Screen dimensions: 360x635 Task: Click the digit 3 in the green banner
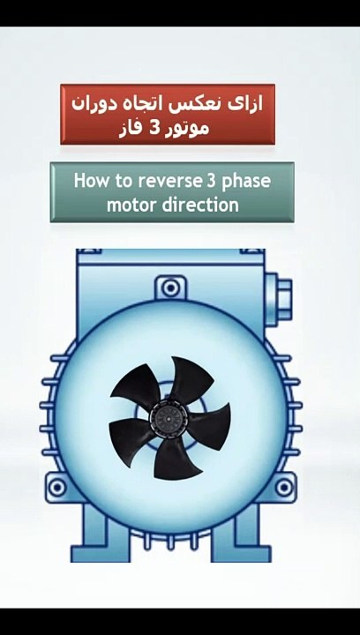(x=211, y=181)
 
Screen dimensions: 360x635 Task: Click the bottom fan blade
(x=175, y=458)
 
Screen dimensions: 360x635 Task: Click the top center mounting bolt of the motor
(x=170, y=288)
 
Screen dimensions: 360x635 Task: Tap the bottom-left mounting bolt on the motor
(x=56, y=487)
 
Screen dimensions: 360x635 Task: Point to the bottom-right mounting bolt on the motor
(x=284, y=487)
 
